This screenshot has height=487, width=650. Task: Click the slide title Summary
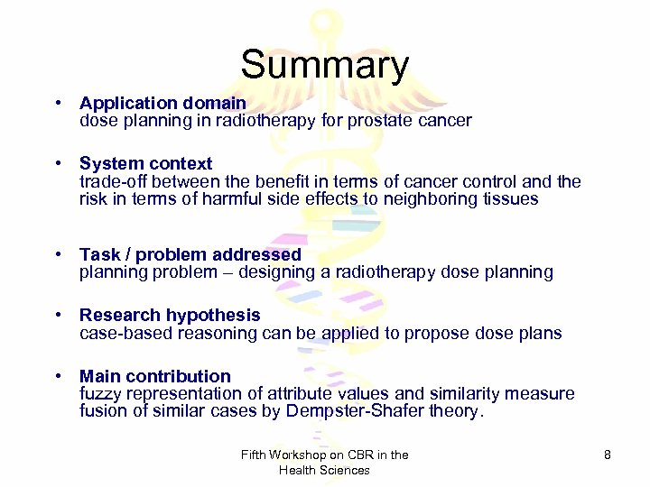pyautogui.click(x=324, y=66)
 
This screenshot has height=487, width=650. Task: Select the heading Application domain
pyautogui.click(x=162, y=104)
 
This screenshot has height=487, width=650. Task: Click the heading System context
pyautogui.click(x=145, y=164)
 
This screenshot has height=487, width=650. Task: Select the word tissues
pyautogui.click(x=510, y=199)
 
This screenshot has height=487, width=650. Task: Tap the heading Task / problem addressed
pyautogui.click(x=190, y=255)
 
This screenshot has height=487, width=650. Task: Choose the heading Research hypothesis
pyautogui.click(x=170, y=316)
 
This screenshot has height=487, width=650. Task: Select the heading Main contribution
pyautogui.click(x=155, y=377)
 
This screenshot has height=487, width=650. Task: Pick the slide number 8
pyautogui.click(x=608, y=455)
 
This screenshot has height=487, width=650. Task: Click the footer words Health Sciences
pyautogui.click(x=324, y=470)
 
